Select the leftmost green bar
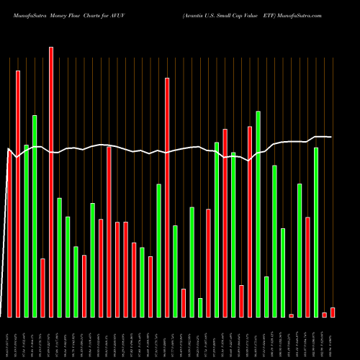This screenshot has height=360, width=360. (x=26, y=230)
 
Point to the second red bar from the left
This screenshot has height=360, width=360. (x=18, y=194)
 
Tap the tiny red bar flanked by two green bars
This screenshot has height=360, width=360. (x=291, y=315)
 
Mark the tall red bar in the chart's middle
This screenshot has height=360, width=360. (x=167, y=197)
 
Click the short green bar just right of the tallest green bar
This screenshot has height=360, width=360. (x=266, y=297)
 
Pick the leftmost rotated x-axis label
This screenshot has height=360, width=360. (x=9, y=338)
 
